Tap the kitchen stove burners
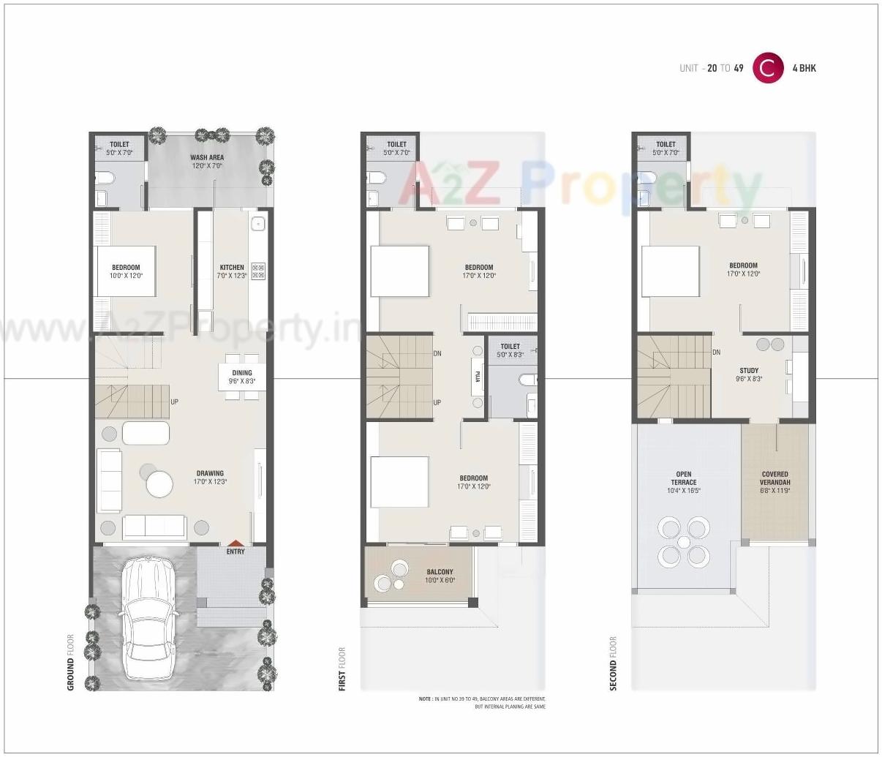click(x=258, y=271)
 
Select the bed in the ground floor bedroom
click(x=125, y=271)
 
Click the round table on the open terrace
click(x=683, y=542)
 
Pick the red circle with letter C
click(x=768, y=68)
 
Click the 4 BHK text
click(x=804, y=68)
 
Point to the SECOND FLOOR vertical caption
click(x=613, y=664)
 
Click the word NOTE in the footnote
click(x=425, y=699)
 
